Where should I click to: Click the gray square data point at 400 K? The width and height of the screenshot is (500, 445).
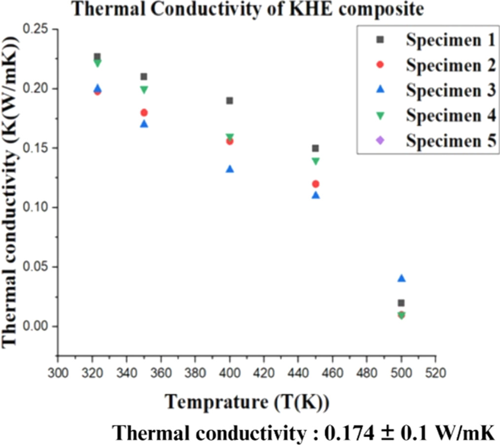pyautogui.click(x=229, y=101)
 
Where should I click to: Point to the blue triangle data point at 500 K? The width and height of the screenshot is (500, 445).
pyautogui.click(x=401, y=278)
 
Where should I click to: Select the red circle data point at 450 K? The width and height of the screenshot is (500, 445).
pyautogui.click(x=316, y=184)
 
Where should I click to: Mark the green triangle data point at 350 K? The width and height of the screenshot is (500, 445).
pyautogui.click(x=144, y=90)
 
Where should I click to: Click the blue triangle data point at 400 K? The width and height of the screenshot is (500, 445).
pyautogui.click(x=229, y=169)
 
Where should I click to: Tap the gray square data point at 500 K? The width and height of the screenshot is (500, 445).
pyautogui.click(x=401, y=303)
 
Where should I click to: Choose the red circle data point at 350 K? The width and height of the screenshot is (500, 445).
pyautogui.click(x=144, y=112)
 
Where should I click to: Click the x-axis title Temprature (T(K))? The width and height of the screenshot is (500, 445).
pyautogui.click(x=247, y=402)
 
